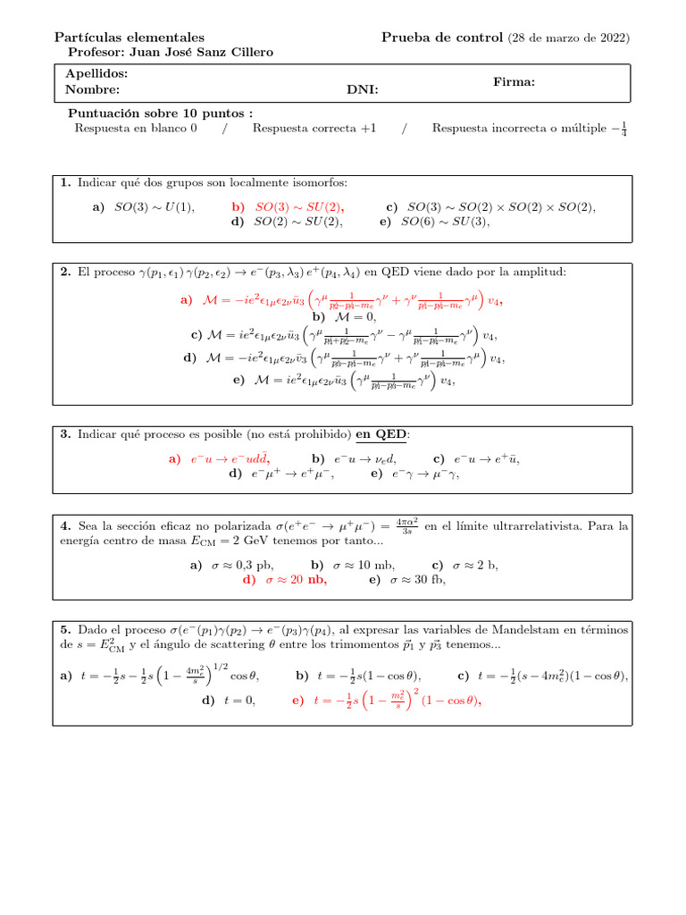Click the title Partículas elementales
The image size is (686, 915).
coord(130,38)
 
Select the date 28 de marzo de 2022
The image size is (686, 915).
coord(569,38)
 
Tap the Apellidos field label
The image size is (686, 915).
coord(96,73)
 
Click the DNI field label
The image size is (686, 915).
coord(362,89)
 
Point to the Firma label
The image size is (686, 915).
coord(514,81)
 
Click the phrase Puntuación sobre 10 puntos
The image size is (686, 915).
coord(160,113)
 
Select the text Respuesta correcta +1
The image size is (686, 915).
coord(314,129)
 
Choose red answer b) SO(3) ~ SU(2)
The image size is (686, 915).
coord(288,206)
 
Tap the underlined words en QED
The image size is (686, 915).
coord(381,434)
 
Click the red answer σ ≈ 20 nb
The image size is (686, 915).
coord(285,580)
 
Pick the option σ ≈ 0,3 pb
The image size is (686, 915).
coord(232,565)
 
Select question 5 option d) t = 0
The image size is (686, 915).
coord(229,701)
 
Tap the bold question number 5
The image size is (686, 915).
coord(63,629)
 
